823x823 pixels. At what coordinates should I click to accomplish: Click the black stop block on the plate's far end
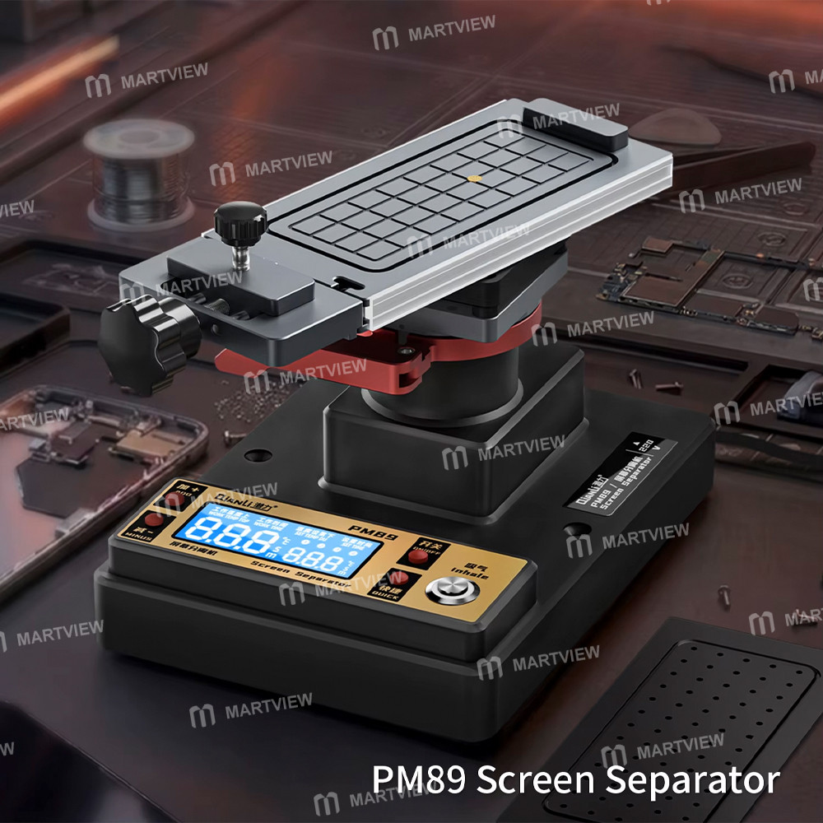(x=571, y=122)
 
